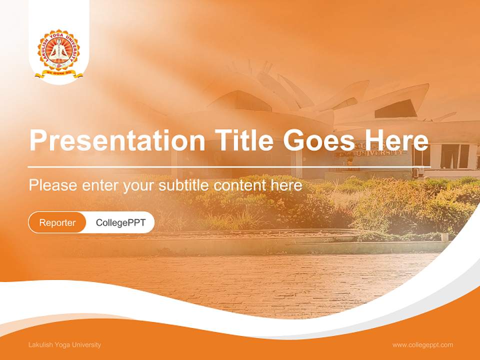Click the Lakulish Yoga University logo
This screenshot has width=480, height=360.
click(x=59, y=53)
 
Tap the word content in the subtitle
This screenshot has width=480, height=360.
click(x=240, y=185)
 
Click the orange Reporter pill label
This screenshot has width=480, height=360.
click(x=57, y=222)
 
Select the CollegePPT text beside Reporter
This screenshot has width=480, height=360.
click(x=120, y=222)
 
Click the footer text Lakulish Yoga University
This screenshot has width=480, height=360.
click(x=64, y=344)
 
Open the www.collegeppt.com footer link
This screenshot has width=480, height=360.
click(x=422, y=344)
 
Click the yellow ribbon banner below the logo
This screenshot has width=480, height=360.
click(x=59, y=74)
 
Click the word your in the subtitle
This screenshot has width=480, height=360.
click(x=140, y=185)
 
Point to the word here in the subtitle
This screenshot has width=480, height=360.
click(x=286, y=185)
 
